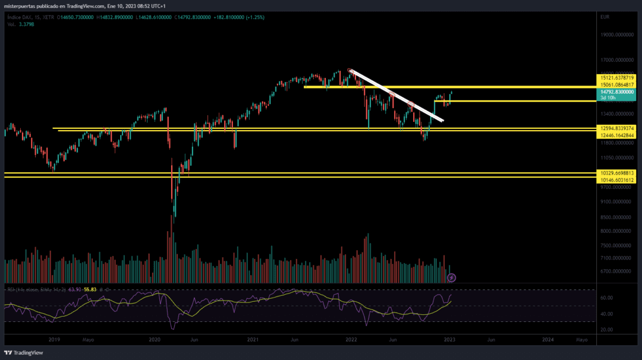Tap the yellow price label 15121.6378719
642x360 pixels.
[x=618, y=78]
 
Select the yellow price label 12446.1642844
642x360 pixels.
[x=618, y=135]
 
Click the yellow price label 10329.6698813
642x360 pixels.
[x=618, y=173]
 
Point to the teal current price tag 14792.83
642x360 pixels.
[x=618, y=92]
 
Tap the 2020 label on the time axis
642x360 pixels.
[x=155, y=340]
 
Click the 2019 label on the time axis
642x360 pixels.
[x=54, y=340]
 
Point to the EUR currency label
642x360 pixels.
[x=605, y=17]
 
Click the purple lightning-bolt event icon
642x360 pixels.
[x=451, y=277]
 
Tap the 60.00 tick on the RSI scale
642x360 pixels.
[x=606, y=298]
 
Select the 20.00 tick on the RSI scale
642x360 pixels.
[x=606, y=329]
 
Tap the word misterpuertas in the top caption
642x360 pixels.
[x=24, y=6]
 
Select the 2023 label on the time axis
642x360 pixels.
[x=449, y=340]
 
